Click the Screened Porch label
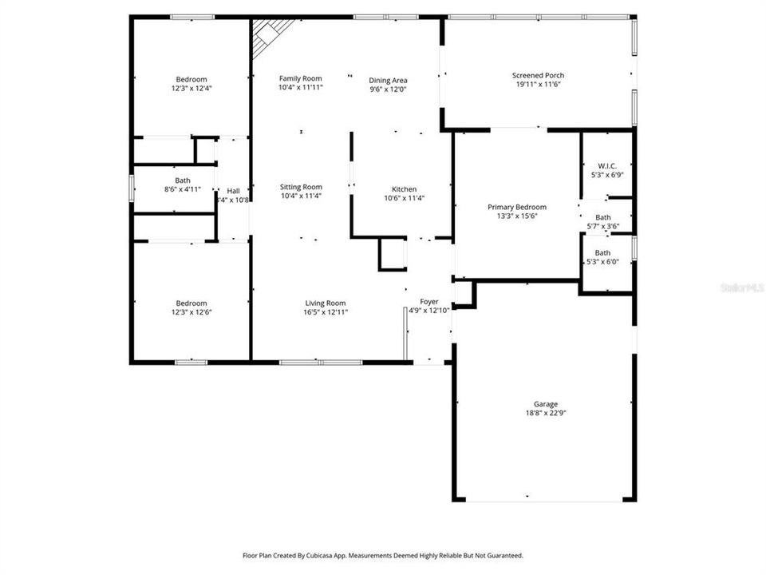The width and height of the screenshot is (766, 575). point(538,76)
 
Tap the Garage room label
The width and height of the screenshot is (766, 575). point(546,404)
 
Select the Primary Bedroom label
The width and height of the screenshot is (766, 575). point(517,207)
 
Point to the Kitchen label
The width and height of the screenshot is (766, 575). point(403,189)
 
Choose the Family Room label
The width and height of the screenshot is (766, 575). point(300,78)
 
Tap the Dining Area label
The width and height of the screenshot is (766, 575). point(388,80)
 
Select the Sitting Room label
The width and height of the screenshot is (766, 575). point(301,187)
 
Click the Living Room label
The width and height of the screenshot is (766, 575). point(326,303)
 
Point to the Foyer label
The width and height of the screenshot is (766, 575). point(428,301)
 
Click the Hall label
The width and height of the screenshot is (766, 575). point(233,191)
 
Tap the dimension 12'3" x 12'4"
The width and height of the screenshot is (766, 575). point(191,89)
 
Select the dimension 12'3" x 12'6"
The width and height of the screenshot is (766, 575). point(191,312)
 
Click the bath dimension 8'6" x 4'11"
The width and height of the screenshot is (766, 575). point(183,189)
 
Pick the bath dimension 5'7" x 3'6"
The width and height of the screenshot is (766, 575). point(602,226)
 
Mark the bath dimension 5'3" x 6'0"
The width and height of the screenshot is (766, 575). point(602,262)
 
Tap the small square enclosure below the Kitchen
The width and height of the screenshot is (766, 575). point(392,255)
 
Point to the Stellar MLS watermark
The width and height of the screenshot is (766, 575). point(741,285)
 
